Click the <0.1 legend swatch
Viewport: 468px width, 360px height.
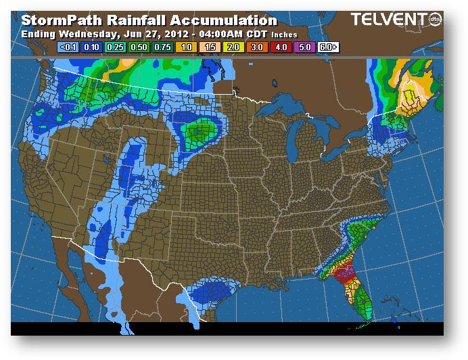(x=68, y=47)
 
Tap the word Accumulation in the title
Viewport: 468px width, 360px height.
(x=220, y=22)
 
